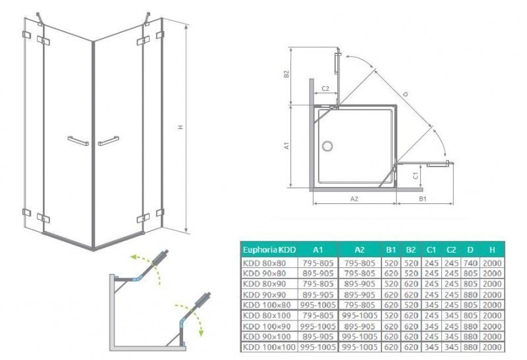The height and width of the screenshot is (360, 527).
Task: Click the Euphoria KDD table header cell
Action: (x=269, y=250)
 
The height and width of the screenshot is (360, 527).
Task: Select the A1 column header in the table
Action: (x=317, y=250)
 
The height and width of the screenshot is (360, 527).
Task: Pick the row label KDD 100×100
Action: (x=269, y=346)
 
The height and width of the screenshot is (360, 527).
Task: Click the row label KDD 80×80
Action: (x=269, y=261)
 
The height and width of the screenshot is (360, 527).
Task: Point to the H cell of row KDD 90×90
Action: (x=491, y=293)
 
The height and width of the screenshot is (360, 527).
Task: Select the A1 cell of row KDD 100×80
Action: (x=317, y=304)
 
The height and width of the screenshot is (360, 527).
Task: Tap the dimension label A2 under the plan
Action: (x=353, y=197)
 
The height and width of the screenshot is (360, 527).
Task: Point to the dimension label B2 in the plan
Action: (x=287, y=75)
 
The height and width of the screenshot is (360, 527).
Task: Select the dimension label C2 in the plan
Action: (x=325, y=88)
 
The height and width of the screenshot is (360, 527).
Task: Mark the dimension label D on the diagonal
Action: (x=405, y=95)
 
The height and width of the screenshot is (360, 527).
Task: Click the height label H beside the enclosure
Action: (x=179, y=129)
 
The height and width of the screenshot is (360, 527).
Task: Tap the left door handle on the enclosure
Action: (x=78, y=140)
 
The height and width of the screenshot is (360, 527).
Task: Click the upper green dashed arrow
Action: (x=145, y=260)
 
